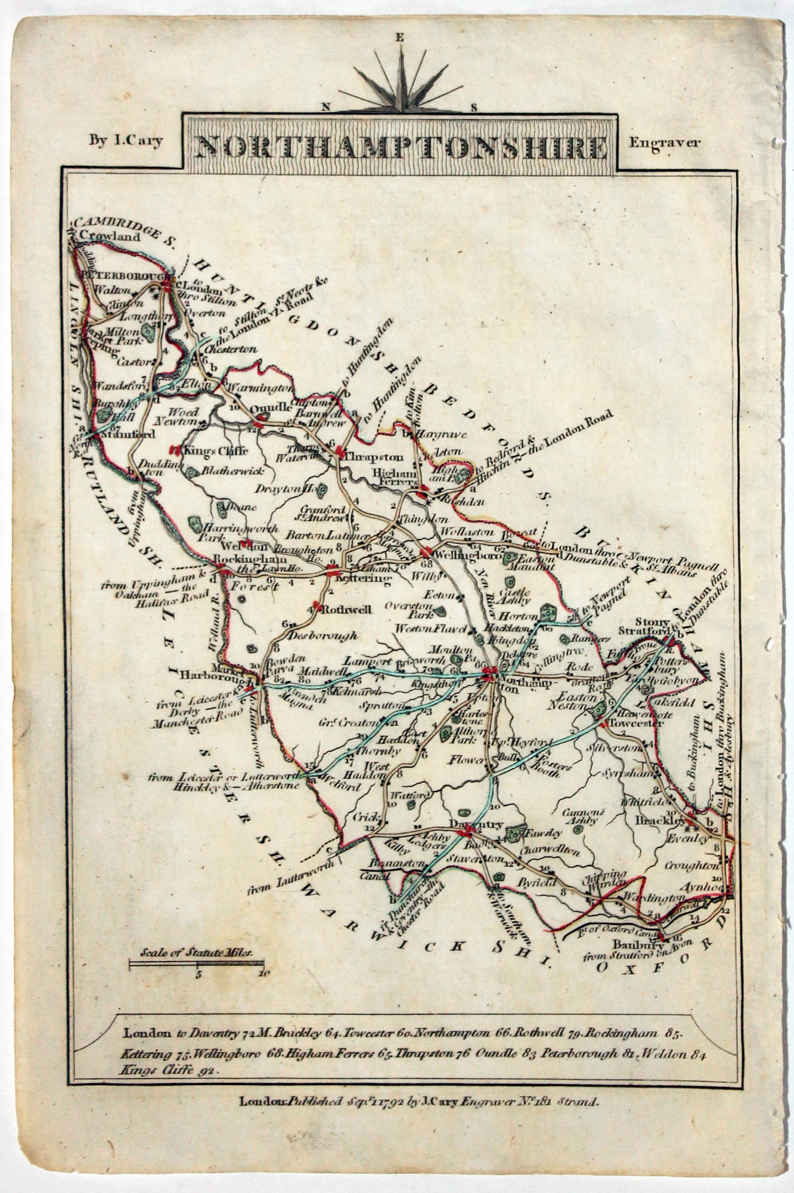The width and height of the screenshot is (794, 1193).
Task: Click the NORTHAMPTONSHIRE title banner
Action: pos(401,146)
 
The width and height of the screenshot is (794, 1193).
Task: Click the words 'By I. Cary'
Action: pos(126,141)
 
